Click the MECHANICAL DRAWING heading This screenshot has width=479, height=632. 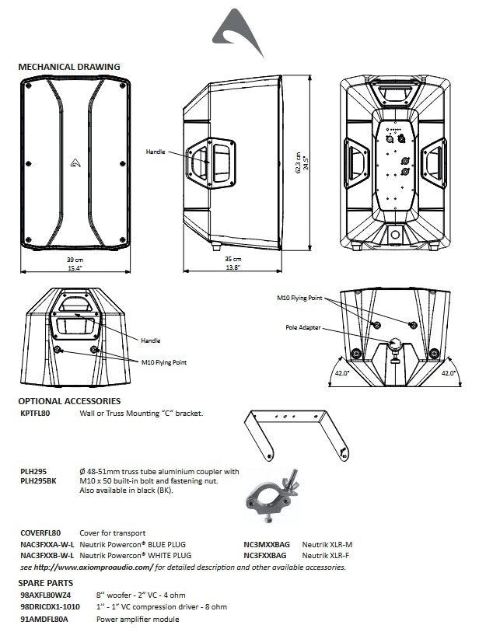(68, 67)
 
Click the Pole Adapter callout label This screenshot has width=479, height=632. (303, 327)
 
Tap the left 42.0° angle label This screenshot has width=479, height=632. (340, 372)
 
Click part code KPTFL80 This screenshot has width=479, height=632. (34, 414)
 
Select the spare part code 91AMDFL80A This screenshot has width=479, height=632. (44, 619)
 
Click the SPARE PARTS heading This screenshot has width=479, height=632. (46, 581)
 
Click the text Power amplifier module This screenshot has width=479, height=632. (138, 619)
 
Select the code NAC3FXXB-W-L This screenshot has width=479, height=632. (48, 556)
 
